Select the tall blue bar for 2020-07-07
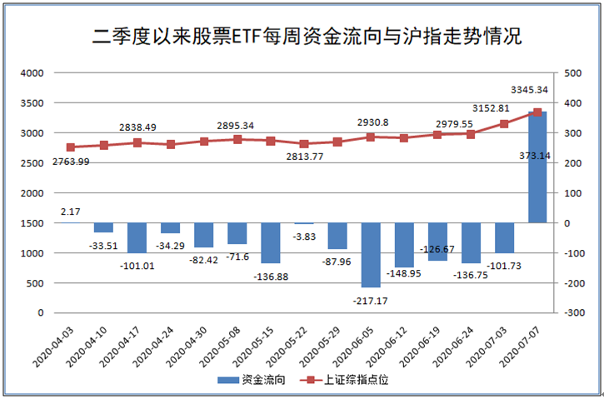coord(537,167)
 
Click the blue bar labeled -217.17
coord(371,255)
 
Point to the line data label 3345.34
coord(531,89)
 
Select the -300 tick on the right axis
coord(575,313)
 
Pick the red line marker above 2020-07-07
coord(537,112)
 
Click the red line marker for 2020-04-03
coord(71,147)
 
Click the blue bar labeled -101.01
coord(137,238)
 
